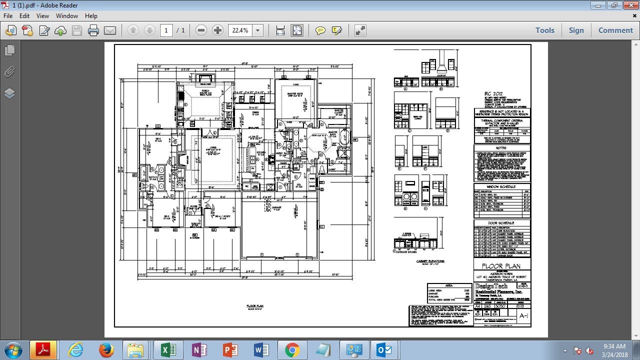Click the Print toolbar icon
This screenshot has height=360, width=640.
coord(93,30)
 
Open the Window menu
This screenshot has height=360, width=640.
coord(66,15)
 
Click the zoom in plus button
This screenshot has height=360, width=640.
coord(217,30)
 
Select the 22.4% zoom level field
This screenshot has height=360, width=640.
coord(240,30)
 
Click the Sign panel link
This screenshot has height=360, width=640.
coord(576,30)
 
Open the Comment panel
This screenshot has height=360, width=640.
coord(615,30)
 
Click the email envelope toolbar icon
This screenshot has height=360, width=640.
coord(110,30)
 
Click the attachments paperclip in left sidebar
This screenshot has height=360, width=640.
coord(9,71)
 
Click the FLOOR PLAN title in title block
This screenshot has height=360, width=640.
coord(501,266)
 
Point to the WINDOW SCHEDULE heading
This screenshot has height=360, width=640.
coord(501,186)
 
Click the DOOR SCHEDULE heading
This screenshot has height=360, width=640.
coord(501,223)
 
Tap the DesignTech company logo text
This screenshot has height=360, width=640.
coord(491,286)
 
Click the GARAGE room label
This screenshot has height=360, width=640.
coord(276,207)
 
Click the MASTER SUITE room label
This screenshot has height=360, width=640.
coord(295,93)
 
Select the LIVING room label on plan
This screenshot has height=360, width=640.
coord(212,147)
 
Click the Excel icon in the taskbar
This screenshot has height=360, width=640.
coord(167,350)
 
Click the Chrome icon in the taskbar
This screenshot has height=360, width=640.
coord(292,350)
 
